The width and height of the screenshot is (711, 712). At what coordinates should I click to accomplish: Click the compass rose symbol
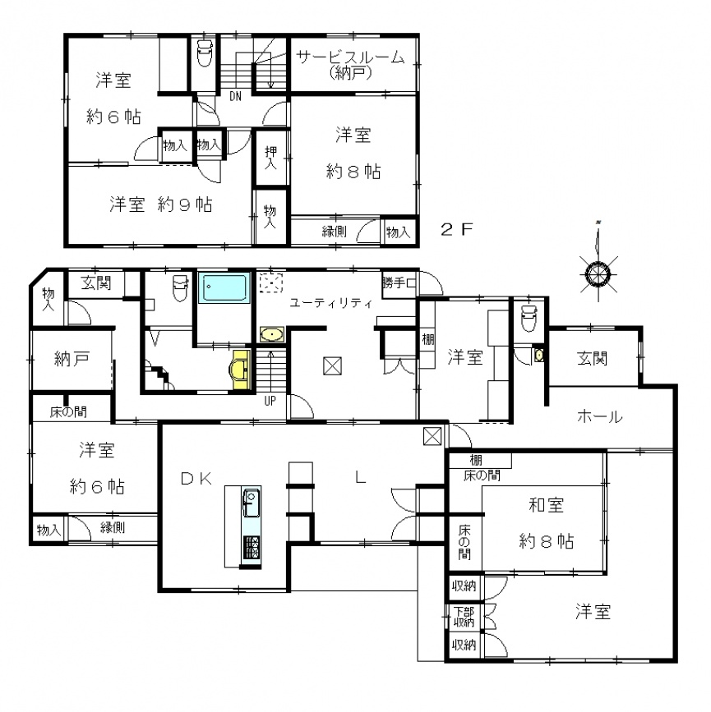coord(598,274)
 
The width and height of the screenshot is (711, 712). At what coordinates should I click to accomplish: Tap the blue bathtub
coord(225,287)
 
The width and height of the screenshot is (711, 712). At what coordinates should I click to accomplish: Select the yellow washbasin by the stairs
coord(241,370)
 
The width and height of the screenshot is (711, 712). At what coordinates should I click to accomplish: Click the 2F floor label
coord(457,229)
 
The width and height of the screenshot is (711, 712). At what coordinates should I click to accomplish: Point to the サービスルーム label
coord(350,57)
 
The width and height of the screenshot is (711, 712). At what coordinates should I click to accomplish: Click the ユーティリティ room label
coord(331,303)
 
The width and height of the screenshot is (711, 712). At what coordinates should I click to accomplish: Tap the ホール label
coord(599,416)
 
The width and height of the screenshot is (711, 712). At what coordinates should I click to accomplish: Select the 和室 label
coord(547,505)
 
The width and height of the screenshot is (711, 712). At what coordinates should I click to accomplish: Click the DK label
coord(196,478)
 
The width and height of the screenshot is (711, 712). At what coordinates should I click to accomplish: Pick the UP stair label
coord(270,401)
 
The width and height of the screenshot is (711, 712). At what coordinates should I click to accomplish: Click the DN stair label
coord(235,96)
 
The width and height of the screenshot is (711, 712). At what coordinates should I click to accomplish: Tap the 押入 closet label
coord(270,157)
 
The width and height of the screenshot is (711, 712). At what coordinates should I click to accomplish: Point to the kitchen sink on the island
coord(251,503)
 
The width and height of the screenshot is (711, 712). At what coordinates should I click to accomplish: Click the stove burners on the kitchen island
coord(252,548)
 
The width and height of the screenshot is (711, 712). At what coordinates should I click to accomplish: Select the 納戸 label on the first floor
coord(72,359)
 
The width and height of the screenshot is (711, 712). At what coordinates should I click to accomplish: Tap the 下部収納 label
coord(464,617)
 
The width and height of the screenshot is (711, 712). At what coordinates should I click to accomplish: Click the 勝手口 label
coord(399,283)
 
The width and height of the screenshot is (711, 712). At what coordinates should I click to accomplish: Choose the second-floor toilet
coord(204,53)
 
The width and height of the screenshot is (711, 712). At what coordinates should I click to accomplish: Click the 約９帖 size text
coord(185,204)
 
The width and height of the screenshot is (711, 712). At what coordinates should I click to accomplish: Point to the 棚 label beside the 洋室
coord(427,339)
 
